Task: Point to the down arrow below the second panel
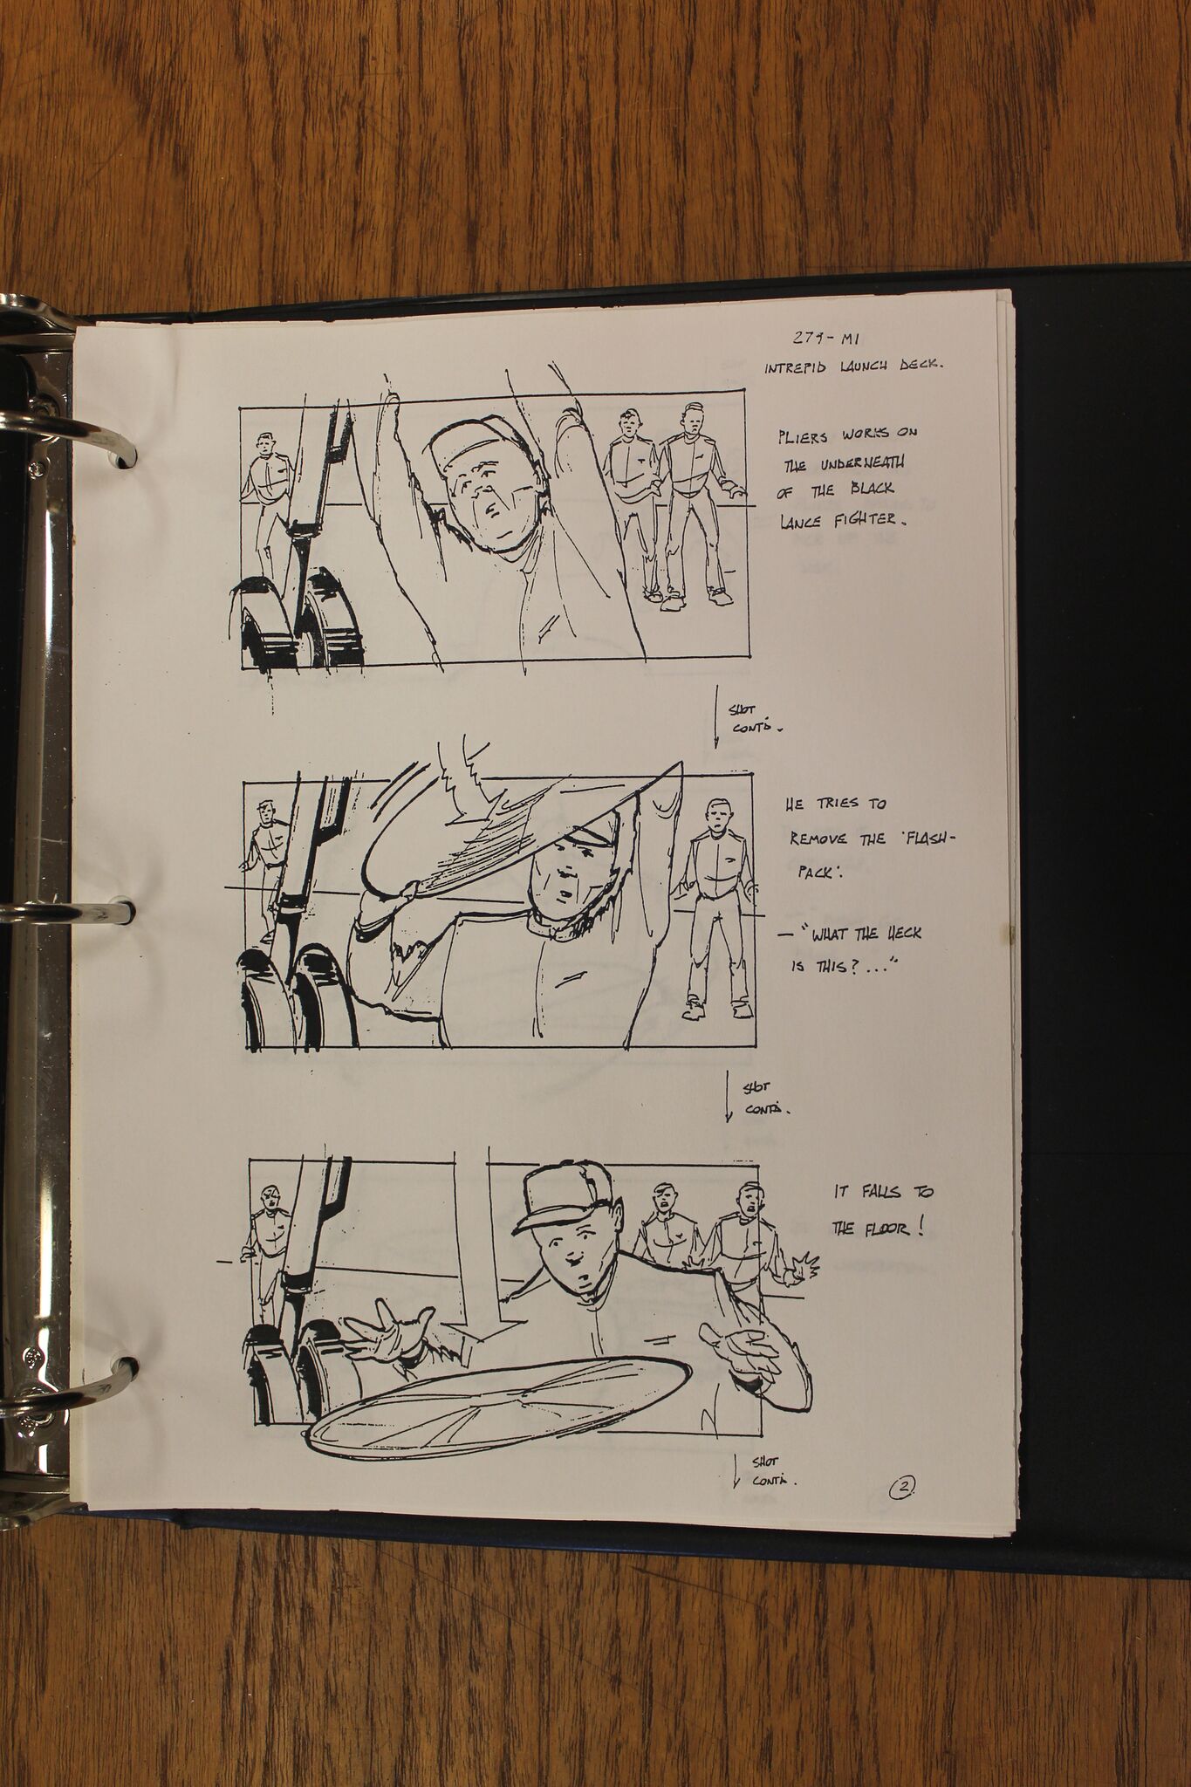pyautogui.click(x=729, y=1096)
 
